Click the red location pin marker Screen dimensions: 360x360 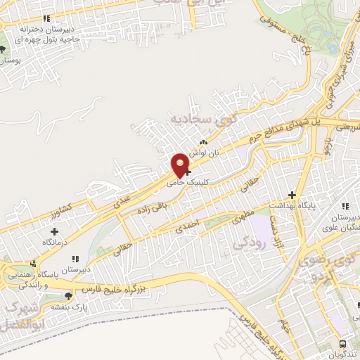click(x=181, y=164)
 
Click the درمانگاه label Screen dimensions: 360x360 click(x=55, y=241)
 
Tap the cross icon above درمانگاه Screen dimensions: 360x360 click(x=55, y=231)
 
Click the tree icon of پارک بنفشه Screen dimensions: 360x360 click(x=68, y=297)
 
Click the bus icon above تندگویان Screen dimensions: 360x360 click(x=342, y=343)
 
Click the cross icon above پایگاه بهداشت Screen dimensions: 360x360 click(x=292, y=195)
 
